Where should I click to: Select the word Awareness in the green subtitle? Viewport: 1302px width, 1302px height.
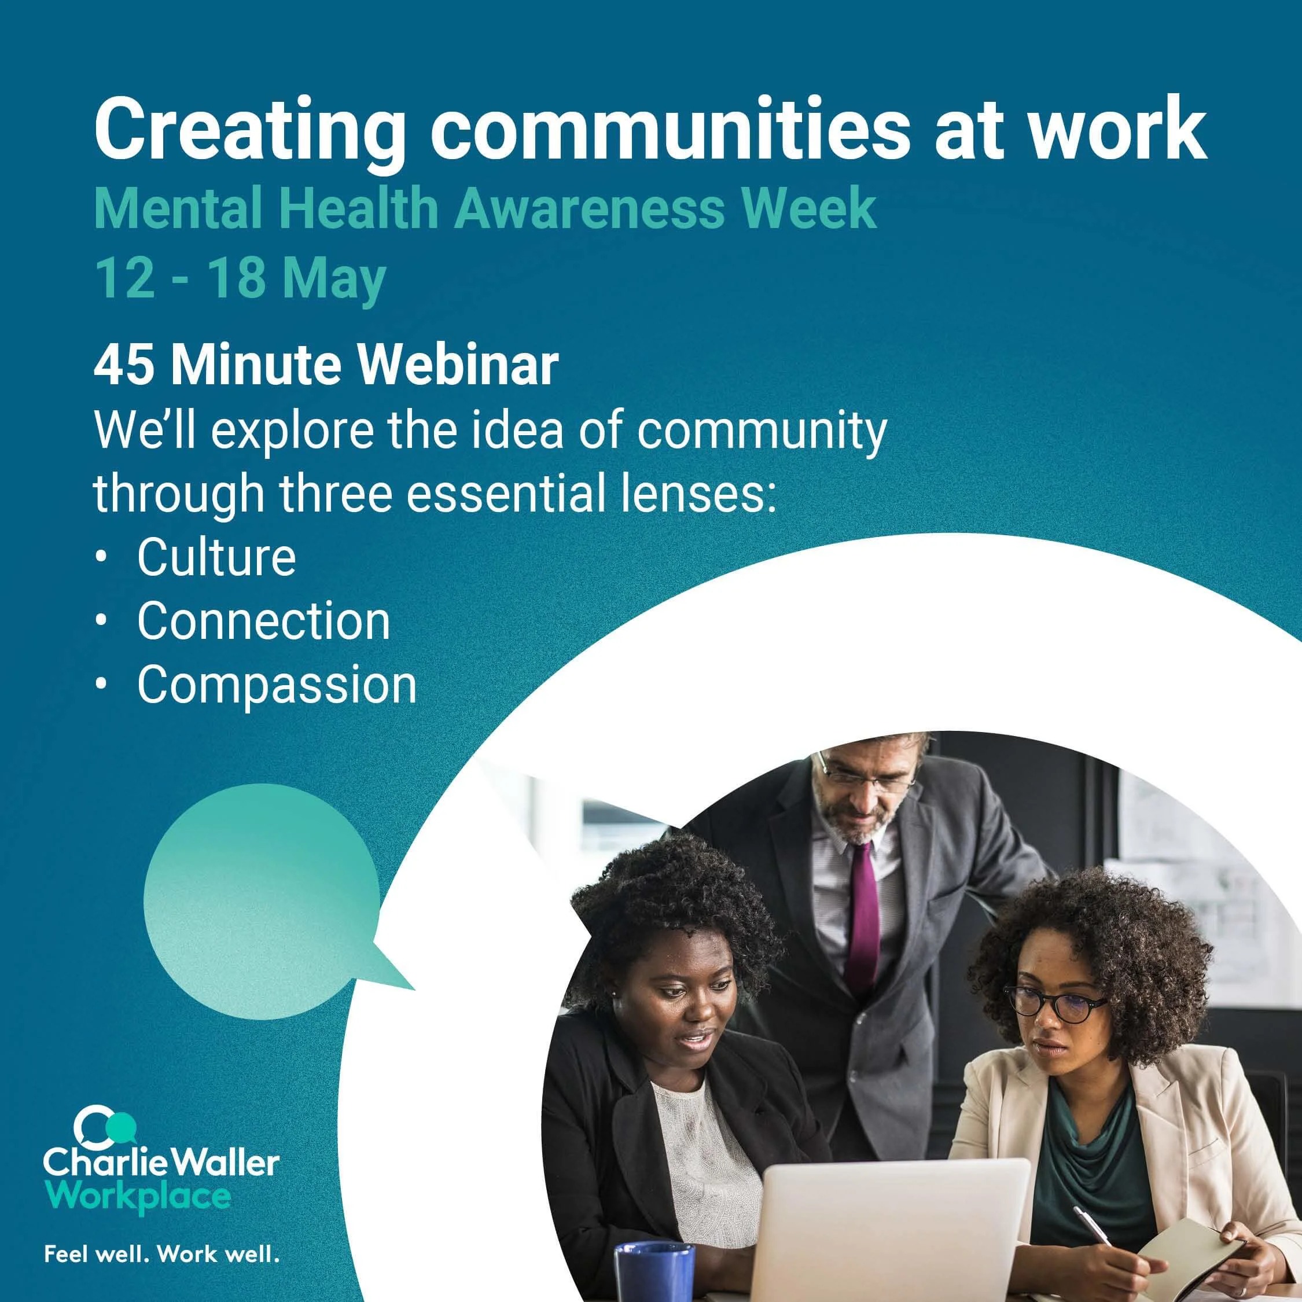[x=590, y=209]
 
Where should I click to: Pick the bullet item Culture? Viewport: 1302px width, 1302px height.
[x=216, y=557]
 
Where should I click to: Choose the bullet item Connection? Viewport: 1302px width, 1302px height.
[x=263, y=621]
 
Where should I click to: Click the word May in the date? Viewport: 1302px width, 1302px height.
[x=333, y=278]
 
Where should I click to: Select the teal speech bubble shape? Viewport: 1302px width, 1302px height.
[x=263, y=900]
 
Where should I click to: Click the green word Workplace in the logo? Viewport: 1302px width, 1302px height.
[x=138, y=1197]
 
